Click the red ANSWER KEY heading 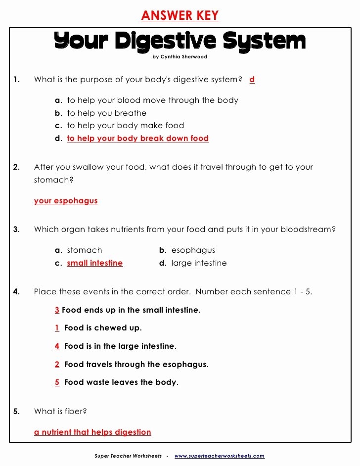(180, 15)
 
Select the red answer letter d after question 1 (252, 79)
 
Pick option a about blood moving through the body (152, 100)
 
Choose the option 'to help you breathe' (106, 113)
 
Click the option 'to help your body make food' (125, 126)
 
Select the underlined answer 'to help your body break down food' (137, 139)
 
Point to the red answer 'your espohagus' (66, 201)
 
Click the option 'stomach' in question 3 (84, 250)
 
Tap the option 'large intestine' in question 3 (199, 263)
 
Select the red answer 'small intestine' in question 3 (94, 263)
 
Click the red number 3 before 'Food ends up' (57, 310)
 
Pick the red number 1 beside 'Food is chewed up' (57, 328)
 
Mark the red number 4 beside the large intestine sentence (57, 346)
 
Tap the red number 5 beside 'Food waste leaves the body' (57, 382)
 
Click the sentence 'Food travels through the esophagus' (136, 365)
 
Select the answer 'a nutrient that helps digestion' (92, 432)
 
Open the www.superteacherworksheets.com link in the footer (219, 456)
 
